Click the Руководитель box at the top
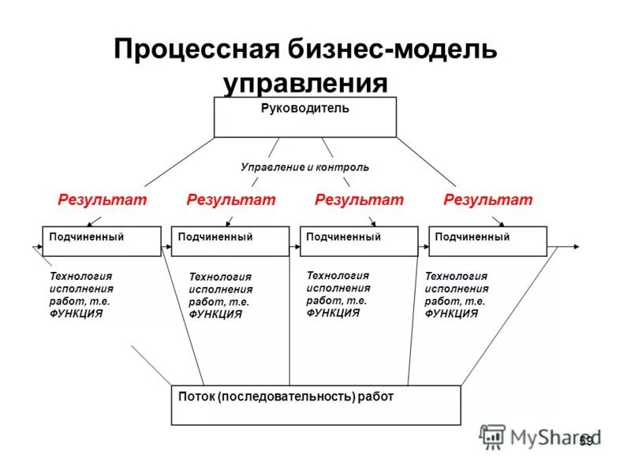[x=304, y=117]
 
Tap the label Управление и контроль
[x=304, y=167]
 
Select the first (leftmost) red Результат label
[x=103, y=199]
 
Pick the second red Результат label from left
[x=231, y=199]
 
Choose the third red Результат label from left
[x=359, y=199]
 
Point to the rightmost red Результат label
[x=488, y=199]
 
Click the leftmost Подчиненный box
[x=101, y=240]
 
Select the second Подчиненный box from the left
[x=230, y=240]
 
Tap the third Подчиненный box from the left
[x=359, y=240]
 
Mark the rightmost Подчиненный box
[x=487, y=240]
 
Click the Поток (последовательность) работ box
[x=315, y=405]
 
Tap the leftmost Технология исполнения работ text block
[x=81, y=295]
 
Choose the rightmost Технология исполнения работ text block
[x=456, y=295]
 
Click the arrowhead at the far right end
[x=577, y=247]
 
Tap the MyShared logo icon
[x=493, y=437]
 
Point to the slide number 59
[x=585, y=441]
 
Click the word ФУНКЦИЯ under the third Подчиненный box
[x=333, y=312]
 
